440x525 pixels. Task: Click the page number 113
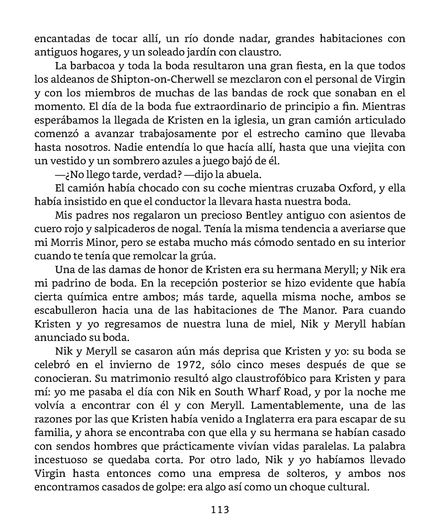pos(220,510)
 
